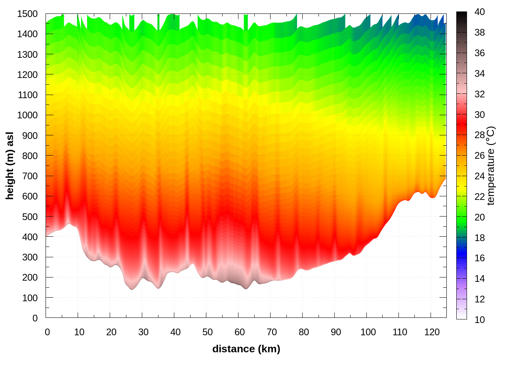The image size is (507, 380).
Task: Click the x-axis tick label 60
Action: click(x=240, y=332)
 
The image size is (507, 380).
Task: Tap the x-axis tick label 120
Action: click(x=432, y=332)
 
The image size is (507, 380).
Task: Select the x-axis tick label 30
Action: click(x=143, y=332)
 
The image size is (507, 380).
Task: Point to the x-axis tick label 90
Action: click(x=336, y=332)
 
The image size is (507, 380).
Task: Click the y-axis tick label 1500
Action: click(x=27, y=14)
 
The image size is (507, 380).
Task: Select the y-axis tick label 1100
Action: click(x=27, y=95)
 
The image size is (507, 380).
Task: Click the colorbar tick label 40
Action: click(x=480, y=12)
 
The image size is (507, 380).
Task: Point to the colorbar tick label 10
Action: click(x=480, y=319)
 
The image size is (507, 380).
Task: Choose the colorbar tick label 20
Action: click(x=480, y=217)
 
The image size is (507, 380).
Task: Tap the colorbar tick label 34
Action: click(x=480, y=74)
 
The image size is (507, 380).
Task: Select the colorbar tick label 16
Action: click(x=480, y=258)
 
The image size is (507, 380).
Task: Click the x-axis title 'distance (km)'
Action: click(x=246, y=349)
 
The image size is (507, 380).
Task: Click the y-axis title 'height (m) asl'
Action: click(x=10, y=165)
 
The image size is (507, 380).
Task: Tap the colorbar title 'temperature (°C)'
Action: click(x=491, y=165)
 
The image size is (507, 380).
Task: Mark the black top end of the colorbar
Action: click(x=461, y=16)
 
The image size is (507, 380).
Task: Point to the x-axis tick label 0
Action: click(x=47, y=332)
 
